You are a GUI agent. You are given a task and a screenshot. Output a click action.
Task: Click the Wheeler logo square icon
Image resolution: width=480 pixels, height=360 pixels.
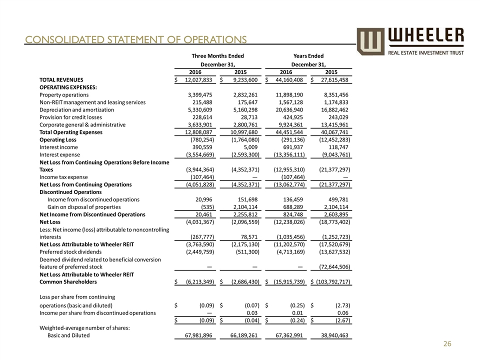[370, 41]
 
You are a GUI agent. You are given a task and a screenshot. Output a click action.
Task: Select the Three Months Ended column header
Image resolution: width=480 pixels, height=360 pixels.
[218, 56]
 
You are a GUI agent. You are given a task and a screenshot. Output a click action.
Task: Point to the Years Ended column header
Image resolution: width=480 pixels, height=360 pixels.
[308, 56]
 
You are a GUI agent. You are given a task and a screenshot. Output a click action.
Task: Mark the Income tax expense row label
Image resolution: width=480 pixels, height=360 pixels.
[63, 177]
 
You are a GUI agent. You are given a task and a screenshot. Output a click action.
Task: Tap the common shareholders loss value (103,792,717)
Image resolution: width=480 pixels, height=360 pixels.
[334, 282]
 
